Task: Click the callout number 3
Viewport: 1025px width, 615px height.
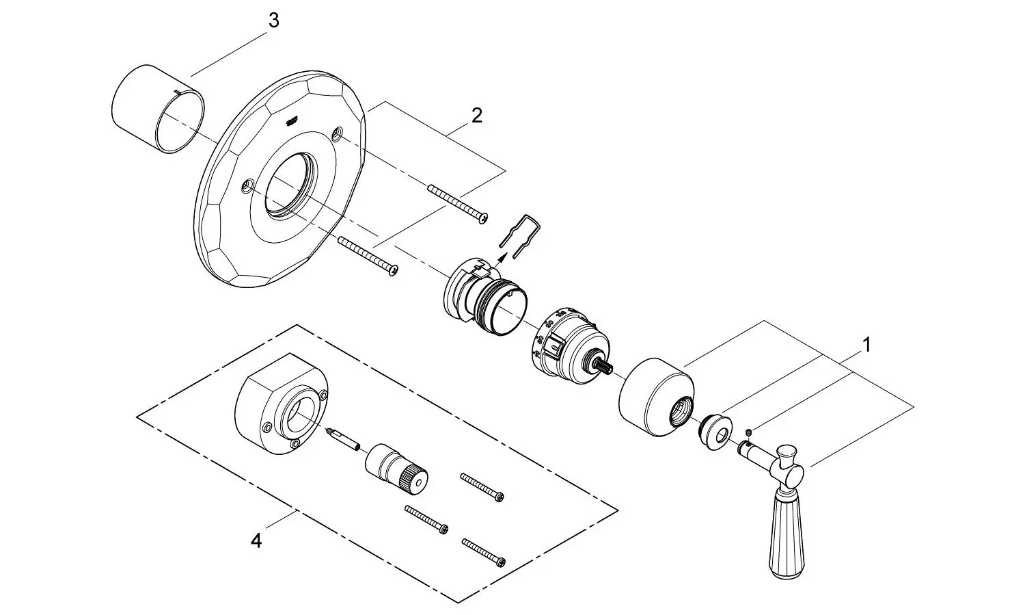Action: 273,21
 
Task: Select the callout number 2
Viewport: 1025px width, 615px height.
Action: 477,116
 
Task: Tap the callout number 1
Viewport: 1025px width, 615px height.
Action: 866,345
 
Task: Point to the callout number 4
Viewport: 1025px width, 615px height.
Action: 256,541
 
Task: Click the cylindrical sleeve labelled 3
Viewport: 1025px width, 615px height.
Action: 158,109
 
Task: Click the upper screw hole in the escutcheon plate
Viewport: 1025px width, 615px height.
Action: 338,133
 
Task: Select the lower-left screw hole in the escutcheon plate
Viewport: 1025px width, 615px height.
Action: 247,185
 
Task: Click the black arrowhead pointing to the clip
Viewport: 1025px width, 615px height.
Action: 502,258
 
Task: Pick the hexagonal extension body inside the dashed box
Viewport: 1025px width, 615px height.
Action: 280,404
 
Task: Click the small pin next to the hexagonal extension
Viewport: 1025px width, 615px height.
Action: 344,440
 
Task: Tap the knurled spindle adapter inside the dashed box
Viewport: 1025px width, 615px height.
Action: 397,471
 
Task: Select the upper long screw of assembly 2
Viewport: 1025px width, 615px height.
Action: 458,204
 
